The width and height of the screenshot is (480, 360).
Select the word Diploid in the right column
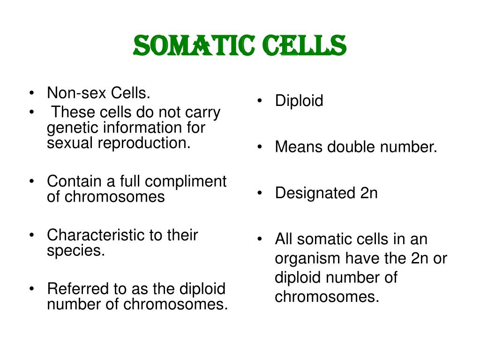coord(299,101)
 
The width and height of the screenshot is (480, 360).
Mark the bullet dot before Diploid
coord(260,101)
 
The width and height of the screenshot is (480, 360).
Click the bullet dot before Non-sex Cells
coord(31,93)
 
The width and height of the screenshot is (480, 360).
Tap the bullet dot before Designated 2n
coord(260,193)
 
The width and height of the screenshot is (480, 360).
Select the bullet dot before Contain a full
coord(31,181)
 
